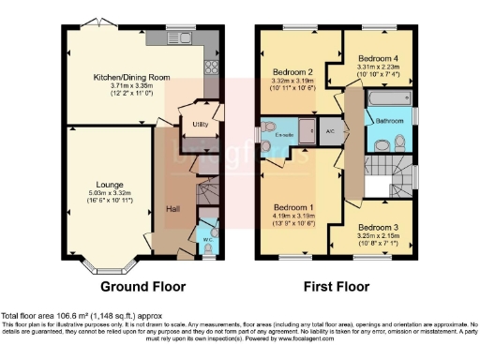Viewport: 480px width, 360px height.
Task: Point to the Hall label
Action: pyautogui.click(x=173, y=208)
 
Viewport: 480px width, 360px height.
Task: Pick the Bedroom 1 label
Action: pyautogui.click(x=293, y=207)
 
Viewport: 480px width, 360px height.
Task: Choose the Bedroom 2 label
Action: pyautogui.click(x=292, y=72)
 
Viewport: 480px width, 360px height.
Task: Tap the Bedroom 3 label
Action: pyautogui.click(x=376, y=228)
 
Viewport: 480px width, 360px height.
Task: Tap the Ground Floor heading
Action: pyautogui.click(x=142, y=286)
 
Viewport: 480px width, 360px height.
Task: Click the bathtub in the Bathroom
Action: pyautogui.click(x=382, y=100)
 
